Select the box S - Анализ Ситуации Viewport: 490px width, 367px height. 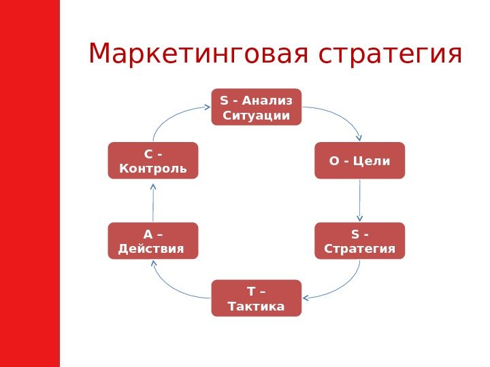pos(256,107)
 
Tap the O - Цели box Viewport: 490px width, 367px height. pos(359,160)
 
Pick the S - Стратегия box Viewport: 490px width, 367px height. pos(359,241)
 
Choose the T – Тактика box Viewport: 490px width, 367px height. pos(256,298)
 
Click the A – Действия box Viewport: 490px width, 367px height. pos(152,241)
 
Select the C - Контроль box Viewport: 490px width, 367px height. pos(152,160)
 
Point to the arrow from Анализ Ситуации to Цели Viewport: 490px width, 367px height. pos(344,116)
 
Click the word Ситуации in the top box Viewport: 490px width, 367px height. pos(257,116)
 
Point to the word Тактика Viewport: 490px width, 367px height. pos(256,307)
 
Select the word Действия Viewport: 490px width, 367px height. pos(151,248)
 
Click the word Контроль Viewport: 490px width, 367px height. pos(152,168)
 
